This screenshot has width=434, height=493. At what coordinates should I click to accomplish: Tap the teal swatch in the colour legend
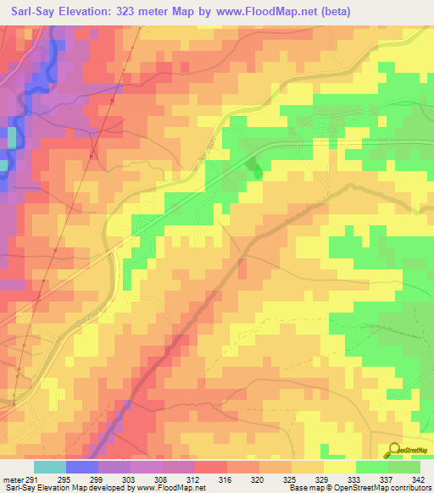coord(50,467)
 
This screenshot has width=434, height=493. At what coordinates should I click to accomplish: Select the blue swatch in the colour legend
coord(82,467)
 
